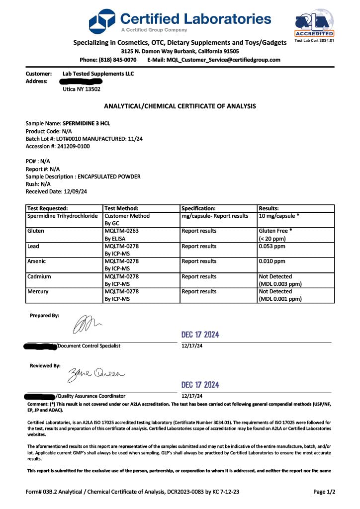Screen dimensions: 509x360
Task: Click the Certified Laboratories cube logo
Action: (x=102, y=20)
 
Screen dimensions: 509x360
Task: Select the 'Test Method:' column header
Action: (x=121, y=209)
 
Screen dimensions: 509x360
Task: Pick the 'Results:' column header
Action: (x=269, y=209)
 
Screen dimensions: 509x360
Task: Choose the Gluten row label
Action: (x=35, y=231)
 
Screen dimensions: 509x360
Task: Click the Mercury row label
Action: (x=38, y=292)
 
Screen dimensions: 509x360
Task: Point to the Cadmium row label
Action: (x=39, y=276)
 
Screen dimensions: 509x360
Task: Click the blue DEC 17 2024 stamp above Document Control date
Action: (x=200, y=335)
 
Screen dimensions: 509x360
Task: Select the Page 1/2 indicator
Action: (x=324, y=492)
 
